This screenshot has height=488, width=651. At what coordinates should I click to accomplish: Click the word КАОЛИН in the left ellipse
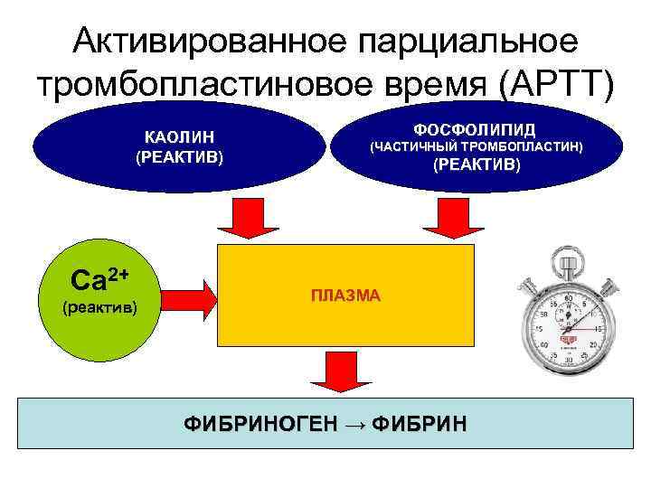[x=178, y=137]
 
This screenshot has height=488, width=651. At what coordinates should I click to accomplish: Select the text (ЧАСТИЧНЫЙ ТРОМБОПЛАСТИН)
[x=476, y=145]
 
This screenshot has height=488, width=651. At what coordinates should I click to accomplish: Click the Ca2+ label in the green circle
[x=99, y=279]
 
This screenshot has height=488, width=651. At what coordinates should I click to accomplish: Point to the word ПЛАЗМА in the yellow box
[x=346, y=296]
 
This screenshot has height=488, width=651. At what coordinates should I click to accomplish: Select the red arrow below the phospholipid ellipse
[x=444, y=217]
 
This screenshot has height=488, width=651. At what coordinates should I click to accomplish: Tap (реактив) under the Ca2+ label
[x=99, y=306]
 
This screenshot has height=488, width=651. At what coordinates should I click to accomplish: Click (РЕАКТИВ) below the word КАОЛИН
[x=178, y=157]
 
